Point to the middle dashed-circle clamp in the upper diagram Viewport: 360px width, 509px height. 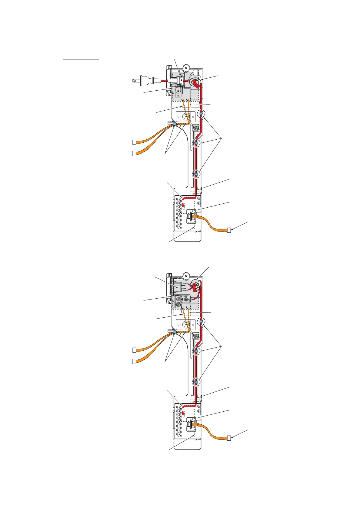196,143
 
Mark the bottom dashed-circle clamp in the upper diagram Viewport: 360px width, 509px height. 196,174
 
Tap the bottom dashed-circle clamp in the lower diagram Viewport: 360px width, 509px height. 196,382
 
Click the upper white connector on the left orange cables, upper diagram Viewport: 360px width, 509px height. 134,142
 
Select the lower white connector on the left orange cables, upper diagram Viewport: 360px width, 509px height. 134,153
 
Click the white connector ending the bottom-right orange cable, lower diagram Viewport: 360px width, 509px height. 229,438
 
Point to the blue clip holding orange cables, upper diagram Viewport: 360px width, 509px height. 175,124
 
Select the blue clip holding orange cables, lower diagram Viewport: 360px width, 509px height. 175,332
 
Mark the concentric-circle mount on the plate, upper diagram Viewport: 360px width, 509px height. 185,117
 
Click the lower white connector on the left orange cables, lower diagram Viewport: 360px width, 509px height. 134,361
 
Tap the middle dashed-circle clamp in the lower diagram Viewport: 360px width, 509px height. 196,351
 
